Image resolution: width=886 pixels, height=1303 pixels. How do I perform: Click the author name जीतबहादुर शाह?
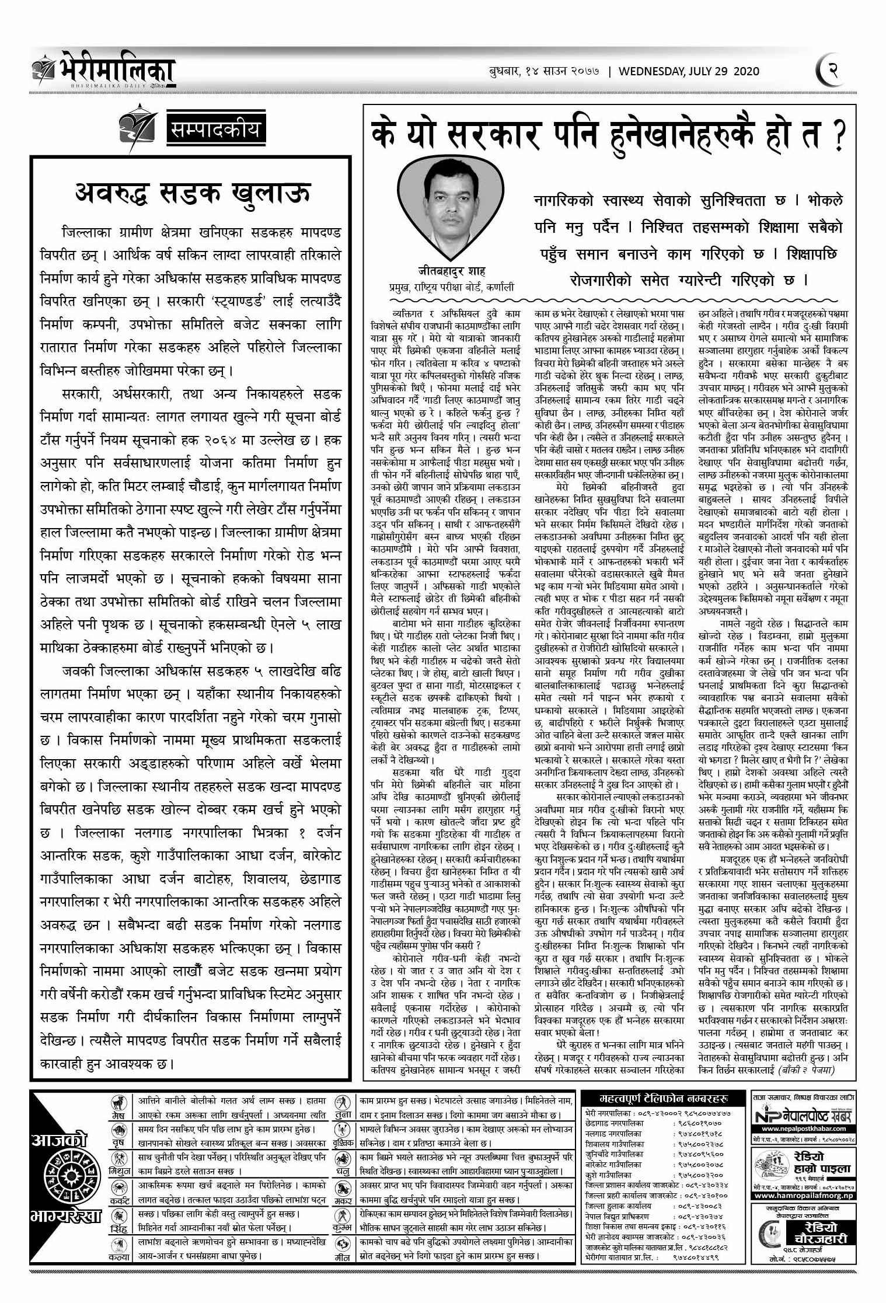click(451, 271)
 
